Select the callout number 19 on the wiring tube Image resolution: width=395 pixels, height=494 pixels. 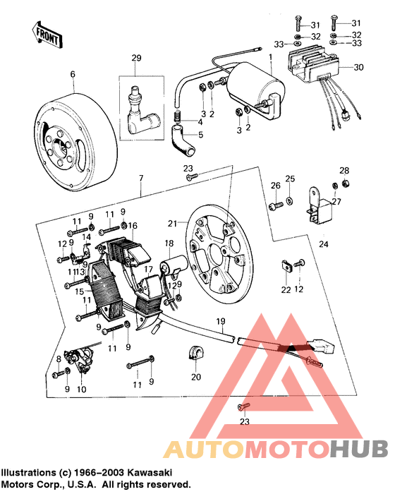click(220, 320)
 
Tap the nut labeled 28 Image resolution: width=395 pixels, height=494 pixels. click(344, 184)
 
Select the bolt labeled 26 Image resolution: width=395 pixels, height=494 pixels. click(274, 204)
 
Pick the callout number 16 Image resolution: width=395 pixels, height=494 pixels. click(132, 225)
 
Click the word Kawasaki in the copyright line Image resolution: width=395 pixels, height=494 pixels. click(152, 471)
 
